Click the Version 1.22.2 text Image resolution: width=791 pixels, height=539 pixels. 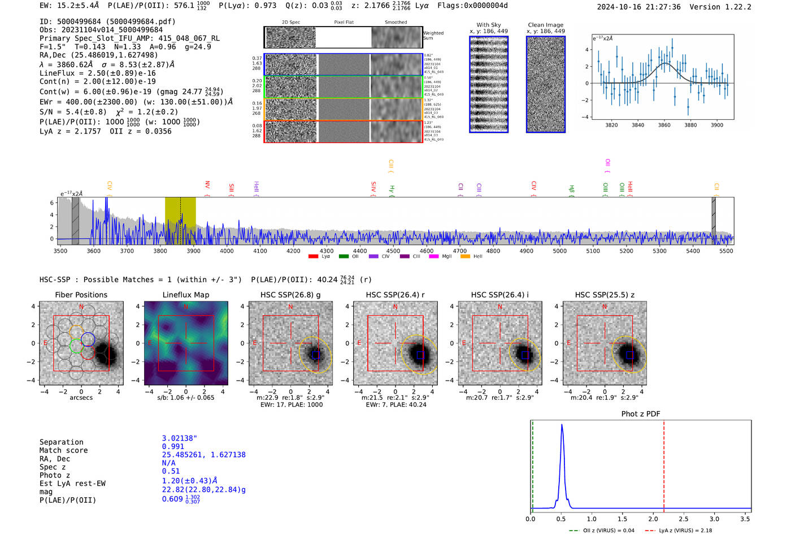[x=728, y=7]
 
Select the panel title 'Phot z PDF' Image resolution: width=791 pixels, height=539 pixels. [x=640, y=414]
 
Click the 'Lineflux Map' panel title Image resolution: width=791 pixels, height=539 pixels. [x=186, y=295]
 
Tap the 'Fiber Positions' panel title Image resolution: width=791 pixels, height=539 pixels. [x=81, y=295]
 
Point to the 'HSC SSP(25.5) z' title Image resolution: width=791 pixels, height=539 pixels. [x=605, y=295]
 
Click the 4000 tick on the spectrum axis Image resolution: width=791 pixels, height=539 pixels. [x=227, y=251]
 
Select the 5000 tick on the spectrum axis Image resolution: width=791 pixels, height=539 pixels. [x=559, y=251]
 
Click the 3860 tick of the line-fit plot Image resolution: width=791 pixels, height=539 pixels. [x=664, y=125]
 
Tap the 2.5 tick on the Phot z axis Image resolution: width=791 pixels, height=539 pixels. [x=684, y=519]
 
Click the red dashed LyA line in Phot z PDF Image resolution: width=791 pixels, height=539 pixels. [x=664, y=464]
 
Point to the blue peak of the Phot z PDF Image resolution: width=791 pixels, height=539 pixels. [x=562, y=425]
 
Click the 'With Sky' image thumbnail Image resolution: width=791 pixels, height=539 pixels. [x=489, y=84]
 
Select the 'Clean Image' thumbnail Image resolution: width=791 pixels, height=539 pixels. [x=546, y=84]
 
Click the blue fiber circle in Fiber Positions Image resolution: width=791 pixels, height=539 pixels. [x=88, y=340]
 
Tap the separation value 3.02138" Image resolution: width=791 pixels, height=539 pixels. [x=180, y=438]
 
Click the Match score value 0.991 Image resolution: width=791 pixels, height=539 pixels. [x=173, y=446]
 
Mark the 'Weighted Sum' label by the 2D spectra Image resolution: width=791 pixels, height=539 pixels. [x=433, y=36]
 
